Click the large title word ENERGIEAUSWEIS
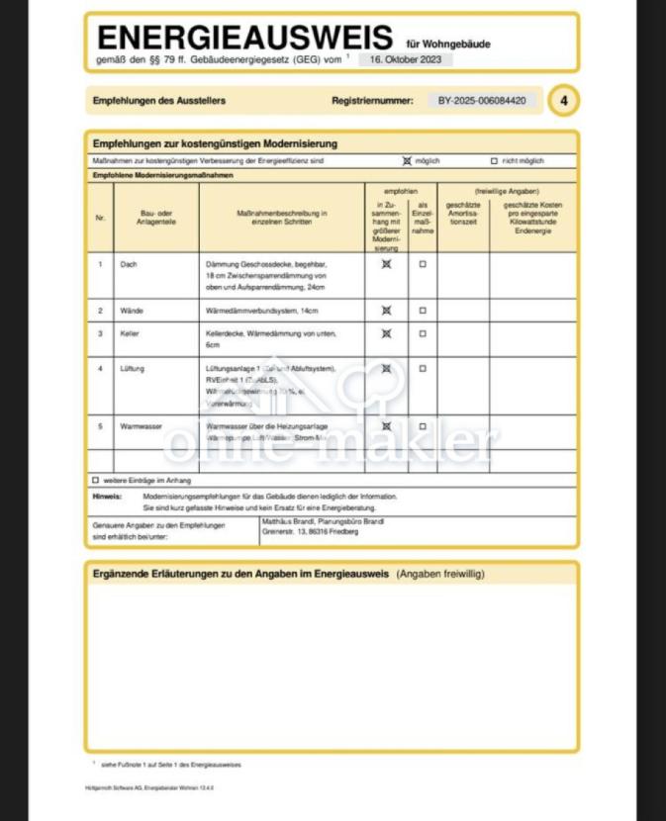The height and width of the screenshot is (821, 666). (244, 39)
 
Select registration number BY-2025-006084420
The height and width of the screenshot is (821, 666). (482, 100)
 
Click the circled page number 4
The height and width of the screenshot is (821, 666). (563, 100)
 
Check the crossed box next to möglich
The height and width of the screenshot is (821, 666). (407, 160)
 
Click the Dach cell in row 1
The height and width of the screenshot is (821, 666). (130, 265)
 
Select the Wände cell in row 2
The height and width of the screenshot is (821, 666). (133, 311)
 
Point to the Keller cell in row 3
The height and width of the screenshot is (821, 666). (131, 334)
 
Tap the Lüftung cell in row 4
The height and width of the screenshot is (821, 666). (134, 368)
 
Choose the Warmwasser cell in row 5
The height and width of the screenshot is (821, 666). (142, 426)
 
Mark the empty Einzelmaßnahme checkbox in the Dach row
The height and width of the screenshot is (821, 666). (423, 265)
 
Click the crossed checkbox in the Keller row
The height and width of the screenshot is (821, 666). (386, 334)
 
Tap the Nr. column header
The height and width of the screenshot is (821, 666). (100, 219)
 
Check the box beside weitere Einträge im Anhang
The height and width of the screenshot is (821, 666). (96, 480)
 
